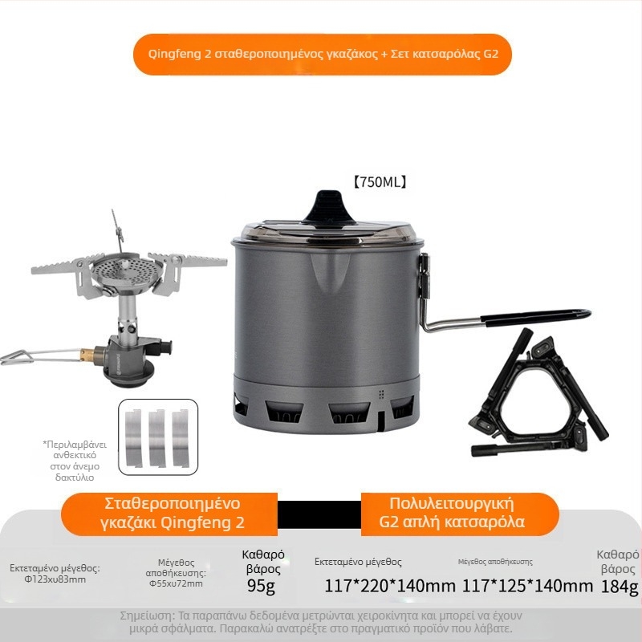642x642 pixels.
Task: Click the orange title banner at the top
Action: (321, 55)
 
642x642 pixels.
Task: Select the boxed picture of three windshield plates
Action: (157, 437)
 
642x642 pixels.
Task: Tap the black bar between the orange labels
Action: (319, 514)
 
